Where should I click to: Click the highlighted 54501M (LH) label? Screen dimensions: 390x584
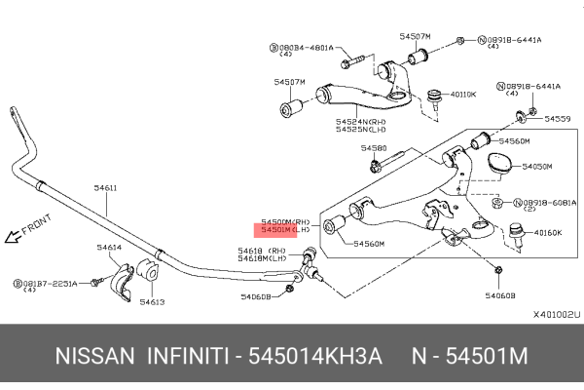coord(282,232)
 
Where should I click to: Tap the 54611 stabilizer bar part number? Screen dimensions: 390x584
coord(105,187)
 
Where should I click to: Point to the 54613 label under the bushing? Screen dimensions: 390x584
coord(152,302)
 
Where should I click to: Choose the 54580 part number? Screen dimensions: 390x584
coord(374,148)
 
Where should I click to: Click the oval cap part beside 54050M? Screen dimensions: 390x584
coord(500,163)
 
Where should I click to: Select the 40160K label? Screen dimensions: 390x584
coord(549,233)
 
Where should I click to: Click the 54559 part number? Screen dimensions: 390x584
coord(558,118)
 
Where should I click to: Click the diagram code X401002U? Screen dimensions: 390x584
coord(555,315)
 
